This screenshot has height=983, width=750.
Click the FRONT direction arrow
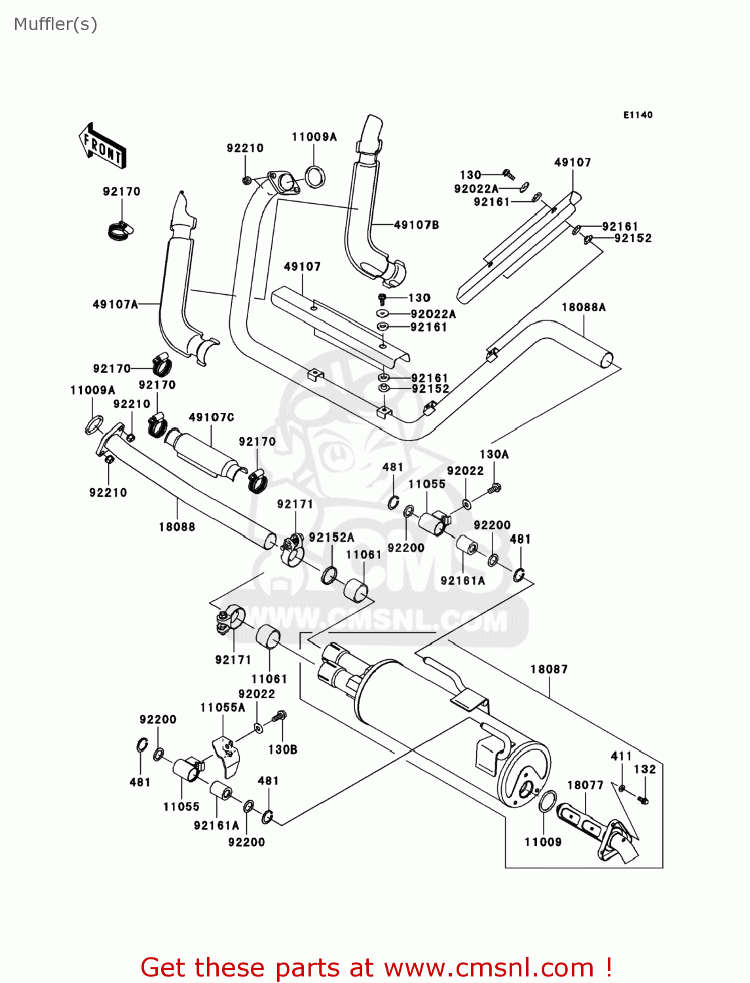pos(102,145)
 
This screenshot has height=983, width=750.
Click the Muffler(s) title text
pos(56,24)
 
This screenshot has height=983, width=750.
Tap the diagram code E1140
pos(637,115)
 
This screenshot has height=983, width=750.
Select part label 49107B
pos(417,225)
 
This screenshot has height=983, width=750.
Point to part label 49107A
pos(115,304)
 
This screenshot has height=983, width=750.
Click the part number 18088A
pos(584,307)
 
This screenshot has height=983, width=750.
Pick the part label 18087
pos(549,669)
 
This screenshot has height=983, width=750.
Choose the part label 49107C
pos(211,417)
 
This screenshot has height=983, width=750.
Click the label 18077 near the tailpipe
pos(585,785)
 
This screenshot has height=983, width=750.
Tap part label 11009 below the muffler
pos(543,842)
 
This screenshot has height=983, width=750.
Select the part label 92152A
pos(331,537)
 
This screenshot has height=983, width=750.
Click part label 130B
pos(283,749)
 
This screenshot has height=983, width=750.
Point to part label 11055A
pos(223,708)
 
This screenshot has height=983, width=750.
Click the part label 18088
pos(177,526)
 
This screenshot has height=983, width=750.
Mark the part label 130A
pos(494,454)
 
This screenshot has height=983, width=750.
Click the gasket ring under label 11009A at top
pos(315,176)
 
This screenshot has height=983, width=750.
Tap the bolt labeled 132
pos(643,800)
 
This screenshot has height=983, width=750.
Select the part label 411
pos(621,756)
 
